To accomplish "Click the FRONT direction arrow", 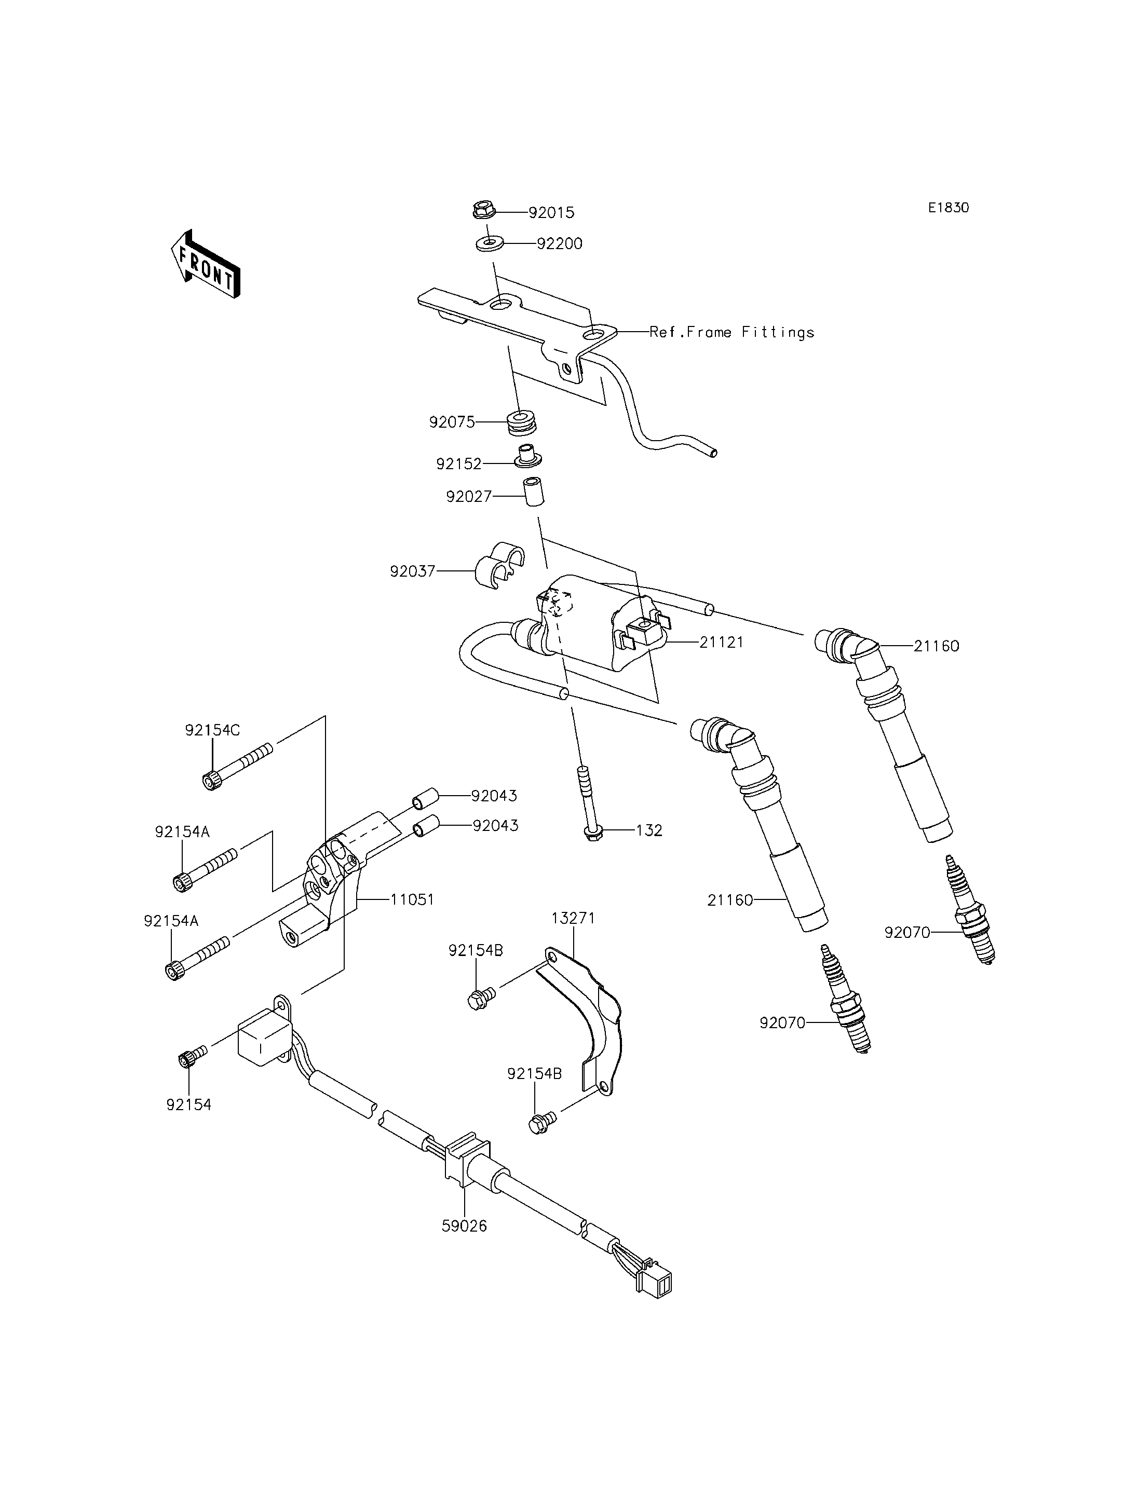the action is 205,264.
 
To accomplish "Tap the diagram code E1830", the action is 949,208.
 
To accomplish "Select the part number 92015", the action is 551,213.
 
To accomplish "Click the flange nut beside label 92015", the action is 484,210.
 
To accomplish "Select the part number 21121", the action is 722,642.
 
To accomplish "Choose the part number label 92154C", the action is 212,731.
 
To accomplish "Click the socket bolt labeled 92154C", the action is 238,766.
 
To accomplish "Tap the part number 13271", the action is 573,919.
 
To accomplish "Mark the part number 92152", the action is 458,465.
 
